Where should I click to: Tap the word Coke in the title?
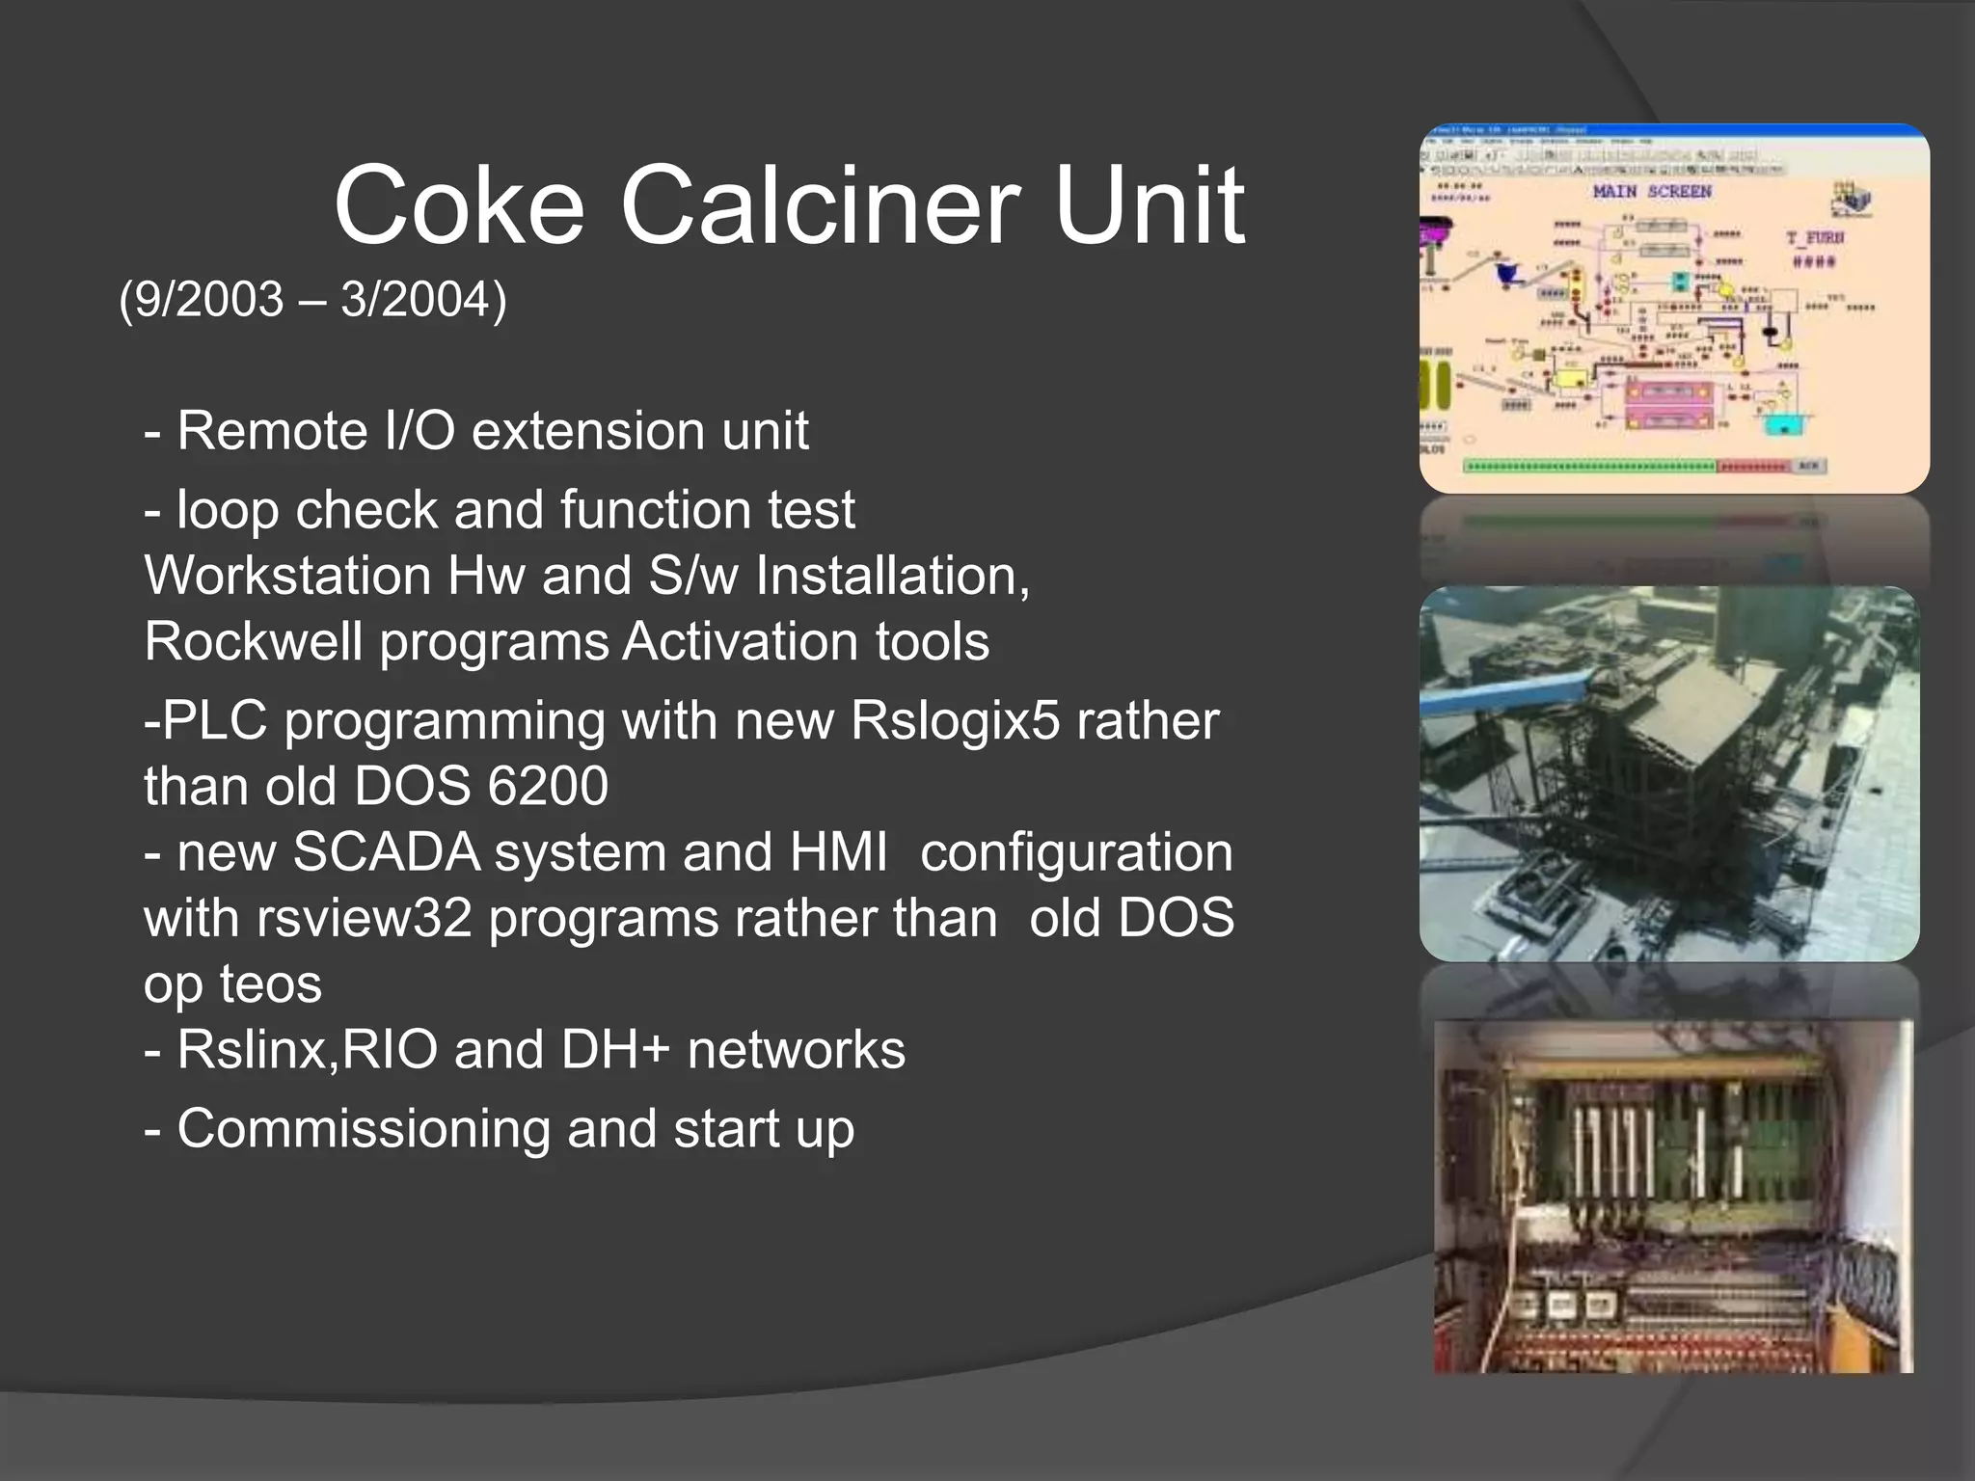tap(459, 205)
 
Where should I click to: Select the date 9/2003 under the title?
tap(207, 299)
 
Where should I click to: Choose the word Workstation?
tap(286, 576)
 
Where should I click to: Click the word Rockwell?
tap(254, 641)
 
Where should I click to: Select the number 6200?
tap(548, 786)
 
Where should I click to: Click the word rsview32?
tap(364, 918)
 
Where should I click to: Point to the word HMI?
tap(838, 852)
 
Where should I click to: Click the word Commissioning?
tap(363, 1128)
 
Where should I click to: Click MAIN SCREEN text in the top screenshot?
tap(1652, 192)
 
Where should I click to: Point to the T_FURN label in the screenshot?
tap(1815, 237)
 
